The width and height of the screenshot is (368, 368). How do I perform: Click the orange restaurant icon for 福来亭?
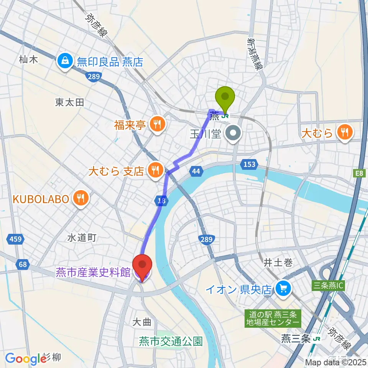click(x=156, y=124)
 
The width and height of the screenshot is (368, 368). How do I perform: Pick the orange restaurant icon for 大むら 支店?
click(x=155, y=171)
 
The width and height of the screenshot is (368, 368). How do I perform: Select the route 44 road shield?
click(x=196, y=171)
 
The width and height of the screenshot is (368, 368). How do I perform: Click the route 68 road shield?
click(x=22, y=264)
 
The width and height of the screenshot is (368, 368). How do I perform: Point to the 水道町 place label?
click(x=81, y=238)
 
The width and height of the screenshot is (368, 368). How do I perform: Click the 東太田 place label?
click(x=69, y=102)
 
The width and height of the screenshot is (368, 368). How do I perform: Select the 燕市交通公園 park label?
click(x=171, y=341)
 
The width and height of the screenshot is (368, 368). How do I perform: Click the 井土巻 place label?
click(x=278, y=263)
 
